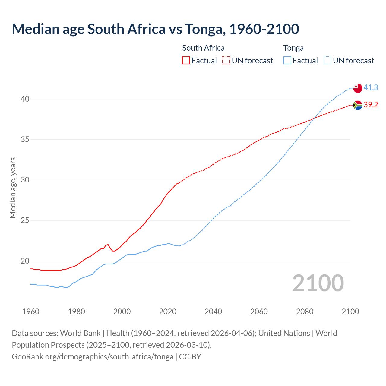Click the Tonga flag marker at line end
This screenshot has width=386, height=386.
(x=357, y=88)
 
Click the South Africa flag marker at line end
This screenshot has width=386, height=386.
(x=357, y=105)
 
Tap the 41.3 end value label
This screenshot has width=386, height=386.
(x=371, y=87)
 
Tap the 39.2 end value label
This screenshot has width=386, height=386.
(x=371, y=105)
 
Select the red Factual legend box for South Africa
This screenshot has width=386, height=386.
(x=186, y=61)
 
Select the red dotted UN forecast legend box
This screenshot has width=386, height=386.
(x=226, y=61)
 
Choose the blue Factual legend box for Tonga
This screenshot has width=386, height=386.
(x=287, y=61)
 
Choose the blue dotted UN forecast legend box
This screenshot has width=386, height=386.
(x=327, y=61)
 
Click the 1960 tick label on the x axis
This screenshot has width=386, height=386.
(x=31, y=312)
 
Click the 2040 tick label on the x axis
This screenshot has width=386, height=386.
(x=213, y=312)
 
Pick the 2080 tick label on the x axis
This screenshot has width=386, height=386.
(x=305, y=312)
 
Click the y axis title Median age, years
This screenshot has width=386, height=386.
(x=13, y=188)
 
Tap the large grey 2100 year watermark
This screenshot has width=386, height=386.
(x=318, y=283)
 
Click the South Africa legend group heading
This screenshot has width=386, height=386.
(x=203, y=48)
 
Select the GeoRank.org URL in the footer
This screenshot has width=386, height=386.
(x=93, y=357)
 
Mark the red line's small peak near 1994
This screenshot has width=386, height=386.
(x=108, y=245)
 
